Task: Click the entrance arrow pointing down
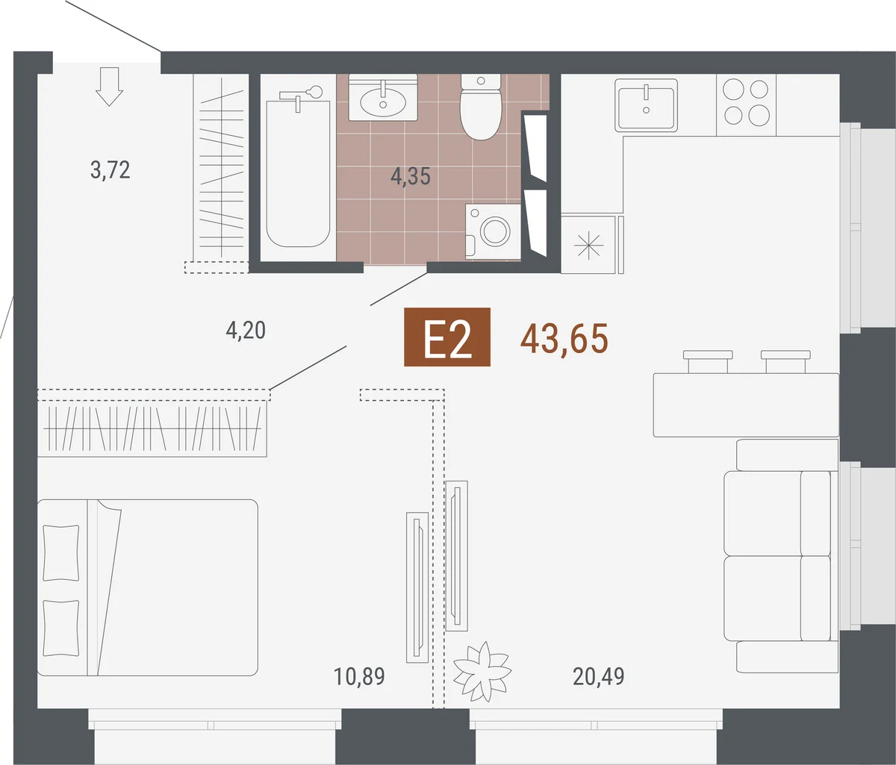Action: click(x=109, y=87)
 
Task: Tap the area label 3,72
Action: click(x=110, y=170)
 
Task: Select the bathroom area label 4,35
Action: click(x=410, y=176)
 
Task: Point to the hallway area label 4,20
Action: click(x=246, y=330)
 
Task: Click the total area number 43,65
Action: click(x=564, y=339)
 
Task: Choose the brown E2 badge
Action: click(x=447, y=337)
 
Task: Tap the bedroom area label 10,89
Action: click(x=359, y=677)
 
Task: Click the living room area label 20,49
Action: click(x=599, y=677)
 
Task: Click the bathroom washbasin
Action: click(x=383, y=98)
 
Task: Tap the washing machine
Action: click(x=493, y=232)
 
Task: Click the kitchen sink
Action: click(x=646, y=104)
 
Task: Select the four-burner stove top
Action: click(x=746, y=104)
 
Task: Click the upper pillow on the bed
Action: click(x=61, y=553)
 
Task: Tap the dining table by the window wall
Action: click(x=746, y=405)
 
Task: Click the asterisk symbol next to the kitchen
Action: click(x=588, y=246)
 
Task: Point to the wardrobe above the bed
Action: click(x=152, y=428)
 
